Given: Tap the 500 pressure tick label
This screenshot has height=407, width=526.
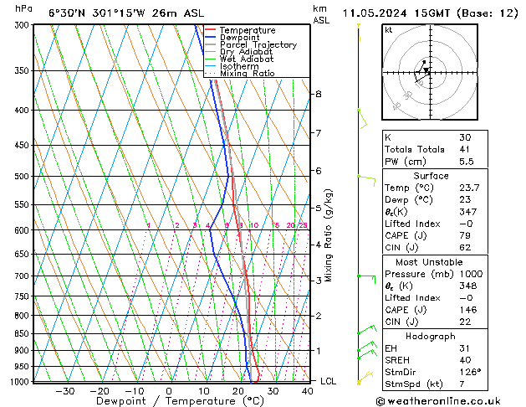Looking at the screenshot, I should coord(23,177).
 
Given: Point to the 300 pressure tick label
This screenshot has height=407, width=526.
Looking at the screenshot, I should coord(23,25).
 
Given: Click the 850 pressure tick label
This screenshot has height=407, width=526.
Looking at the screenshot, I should coord(23,334).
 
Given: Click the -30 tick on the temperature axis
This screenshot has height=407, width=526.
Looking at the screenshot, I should coord(64,390).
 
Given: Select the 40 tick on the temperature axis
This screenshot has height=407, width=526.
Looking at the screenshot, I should coord(308,390).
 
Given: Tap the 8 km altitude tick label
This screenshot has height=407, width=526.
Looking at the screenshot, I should coord(318,94).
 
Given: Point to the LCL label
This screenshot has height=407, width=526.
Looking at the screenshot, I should coord(329,381).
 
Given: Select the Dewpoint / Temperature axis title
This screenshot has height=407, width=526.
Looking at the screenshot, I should coord(168,401).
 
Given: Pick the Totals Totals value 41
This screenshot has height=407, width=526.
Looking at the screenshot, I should coord(464,149).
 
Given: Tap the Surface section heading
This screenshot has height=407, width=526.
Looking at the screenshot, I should coord(432,176).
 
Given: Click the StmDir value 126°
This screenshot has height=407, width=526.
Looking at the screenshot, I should coord(468,373).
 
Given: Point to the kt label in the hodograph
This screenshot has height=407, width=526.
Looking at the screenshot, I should coord(389,29).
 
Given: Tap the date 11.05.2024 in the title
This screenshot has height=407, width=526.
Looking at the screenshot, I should coord(376,13).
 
